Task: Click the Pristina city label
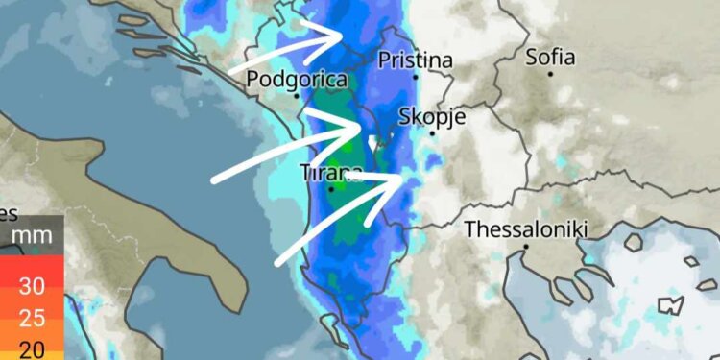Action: point(416,60)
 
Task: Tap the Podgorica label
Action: point(298,81)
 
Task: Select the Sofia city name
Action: point(551,57)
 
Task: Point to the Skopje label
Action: point(432,117)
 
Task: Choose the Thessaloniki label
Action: point(526,230)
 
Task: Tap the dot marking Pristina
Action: point(416,76)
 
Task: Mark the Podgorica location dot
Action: point(298,96)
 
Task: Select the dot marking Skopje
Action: point(432,132)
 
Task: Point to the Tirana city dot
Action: point(331,188)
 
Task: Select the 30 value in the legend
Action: point(32,286)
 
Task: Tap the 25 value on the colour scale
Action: point(32,318)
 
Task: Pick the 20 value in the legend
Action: point(32,348)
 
